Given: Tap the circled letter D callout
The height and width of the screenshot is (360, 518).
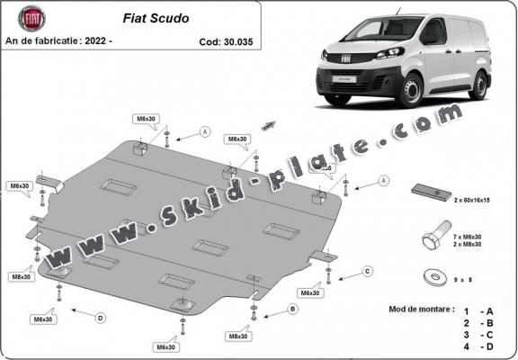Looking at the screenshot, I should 100,317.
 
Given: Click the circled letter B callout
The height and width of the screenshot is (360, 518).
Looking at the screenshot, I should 292,309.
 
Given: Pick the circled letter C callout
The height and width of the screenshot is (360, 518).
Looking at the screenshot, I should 367,270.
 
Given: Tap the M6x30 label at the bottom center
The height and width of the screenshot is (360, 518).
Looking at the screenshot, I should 165,346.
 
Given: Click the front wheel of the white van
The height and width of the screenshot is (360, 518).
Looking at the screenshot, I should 412,92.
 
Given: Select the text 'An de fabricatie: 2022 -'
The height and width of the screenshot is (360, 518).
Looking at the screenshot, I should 58,42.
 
